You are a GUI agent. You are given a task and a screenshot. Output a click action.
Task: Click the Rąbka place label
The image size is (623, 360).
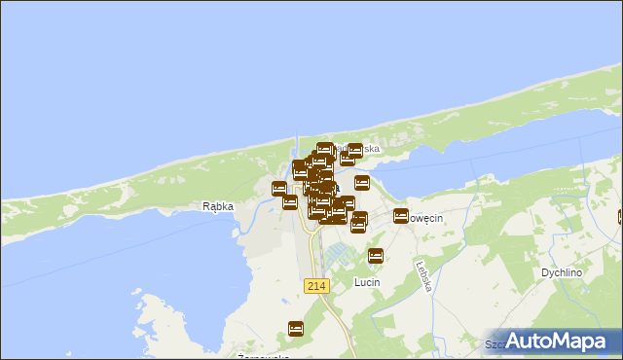[217, 206]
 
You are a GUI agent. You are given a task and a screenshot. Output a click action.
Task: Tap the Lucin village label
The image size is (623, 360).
[367, 282]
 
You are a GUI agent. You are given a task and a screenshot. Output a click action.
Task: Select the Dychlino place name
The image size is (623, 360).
[562, 273]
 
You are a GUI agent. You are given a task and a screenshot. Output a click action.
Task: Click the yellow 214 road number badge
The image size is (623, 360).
[316, 285]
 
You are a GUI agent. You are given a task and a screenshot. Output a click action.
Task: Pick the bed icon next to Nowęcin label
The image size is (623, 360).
[400, 216]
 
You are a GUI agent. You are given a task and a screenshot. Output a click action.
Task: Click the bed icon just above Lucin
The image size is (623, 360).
[376, 256]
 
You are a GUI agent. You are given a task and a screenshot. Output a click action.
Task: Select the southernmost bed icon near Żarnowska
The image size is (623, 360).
[296, 329]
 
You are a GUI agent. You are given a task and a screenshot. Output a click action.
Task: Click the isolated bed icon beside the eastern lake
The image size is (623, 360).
[362, 183]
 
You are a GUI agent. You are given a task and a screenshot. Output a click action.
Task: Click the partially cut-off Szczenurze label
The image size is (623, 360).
[498, 344]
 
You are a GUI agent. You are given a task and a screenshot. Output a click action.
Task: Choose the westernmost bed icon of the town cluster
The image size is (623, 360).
[279, 189]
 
